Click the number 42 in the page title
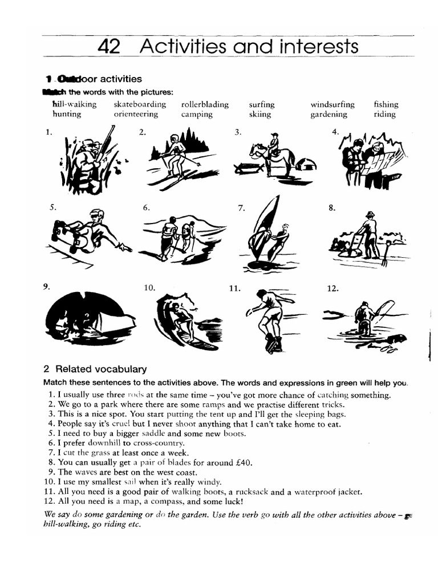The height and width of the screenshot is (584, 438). click(x=109, y=47)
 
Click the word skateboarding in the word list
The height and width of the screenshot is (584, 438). click(x=140, y=104)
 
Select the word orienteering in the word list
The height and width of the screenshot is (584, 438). click(x=136, y=114)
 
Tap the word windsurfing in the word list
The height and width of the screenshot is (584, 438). click(x=332, y=104)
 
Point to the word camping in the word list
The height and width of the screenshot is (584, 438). click(x=197, y=114)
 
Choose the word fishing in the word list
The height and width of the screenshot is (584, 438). click(x=386, y=104)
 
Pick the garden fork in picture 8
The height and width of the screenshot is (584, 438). click(x=387, y=254)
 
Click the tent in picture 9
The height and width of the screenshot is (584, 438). click(x=88, y=319)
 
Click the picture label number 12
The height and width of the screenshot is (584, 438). click(x=332, y=289)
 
